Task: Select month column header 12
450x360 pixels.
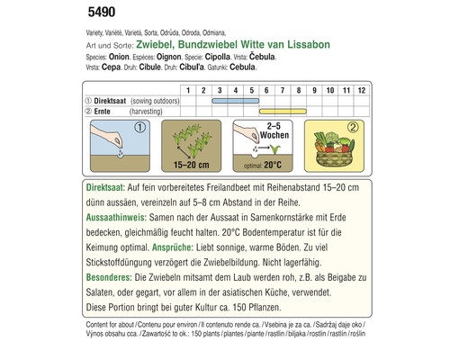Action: tap(358, 91)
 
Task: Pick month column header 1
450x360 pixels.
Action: tap(187, 91)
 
